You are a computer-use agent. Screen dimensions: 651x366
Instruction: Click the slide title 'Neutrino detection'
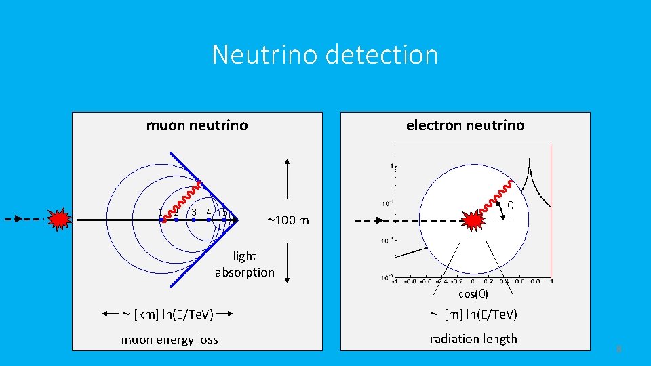coord(325,54)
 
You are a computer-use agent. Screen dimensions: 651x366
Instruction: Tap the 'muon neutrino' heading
coord(197,125)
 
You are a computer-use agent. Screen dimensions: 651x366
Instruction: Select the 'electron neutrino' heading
coord(465,125)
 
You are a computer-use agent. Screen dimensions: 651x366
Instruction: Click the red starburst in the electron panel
coord(474,220)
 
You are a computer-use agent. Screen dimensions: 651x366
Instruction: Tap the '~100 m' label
coord(288,220)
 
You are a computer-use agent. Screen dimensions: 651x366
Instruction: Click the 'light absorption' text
coord(245,264)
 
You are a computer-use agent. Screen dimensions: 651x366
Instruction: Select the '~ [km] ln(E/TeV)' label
coord(167,314)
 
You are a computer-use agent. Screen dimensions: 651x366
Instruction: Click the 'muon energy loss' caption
coord(170,340)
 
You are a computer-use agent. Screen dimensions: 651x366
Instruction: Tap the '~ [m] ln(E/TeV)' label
coord(473,314)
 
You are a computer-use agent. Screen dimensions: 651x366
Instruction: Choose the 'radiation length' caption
coord(473,339)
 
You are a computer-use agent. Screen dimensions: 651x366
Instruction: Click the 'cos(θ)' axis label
coord(473,293)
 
